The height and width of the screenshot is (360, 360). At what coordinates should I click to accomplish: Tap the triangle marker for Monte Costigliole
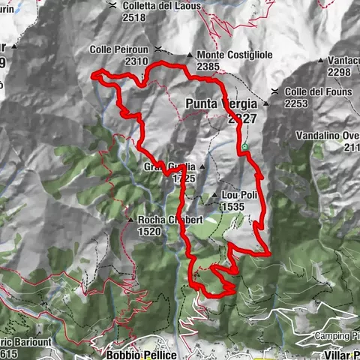click(x=189, y=55)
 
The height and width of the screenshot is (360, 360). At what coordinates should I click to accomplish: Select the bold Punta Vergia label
click(x=223, y=104)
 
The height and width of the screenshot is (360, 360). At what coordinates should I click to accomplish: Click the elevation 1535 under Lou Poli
click(x=234, y=206)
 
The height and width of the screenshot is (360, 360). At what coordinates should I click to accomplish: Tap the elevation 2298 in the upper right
click(x=339, y=71)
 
